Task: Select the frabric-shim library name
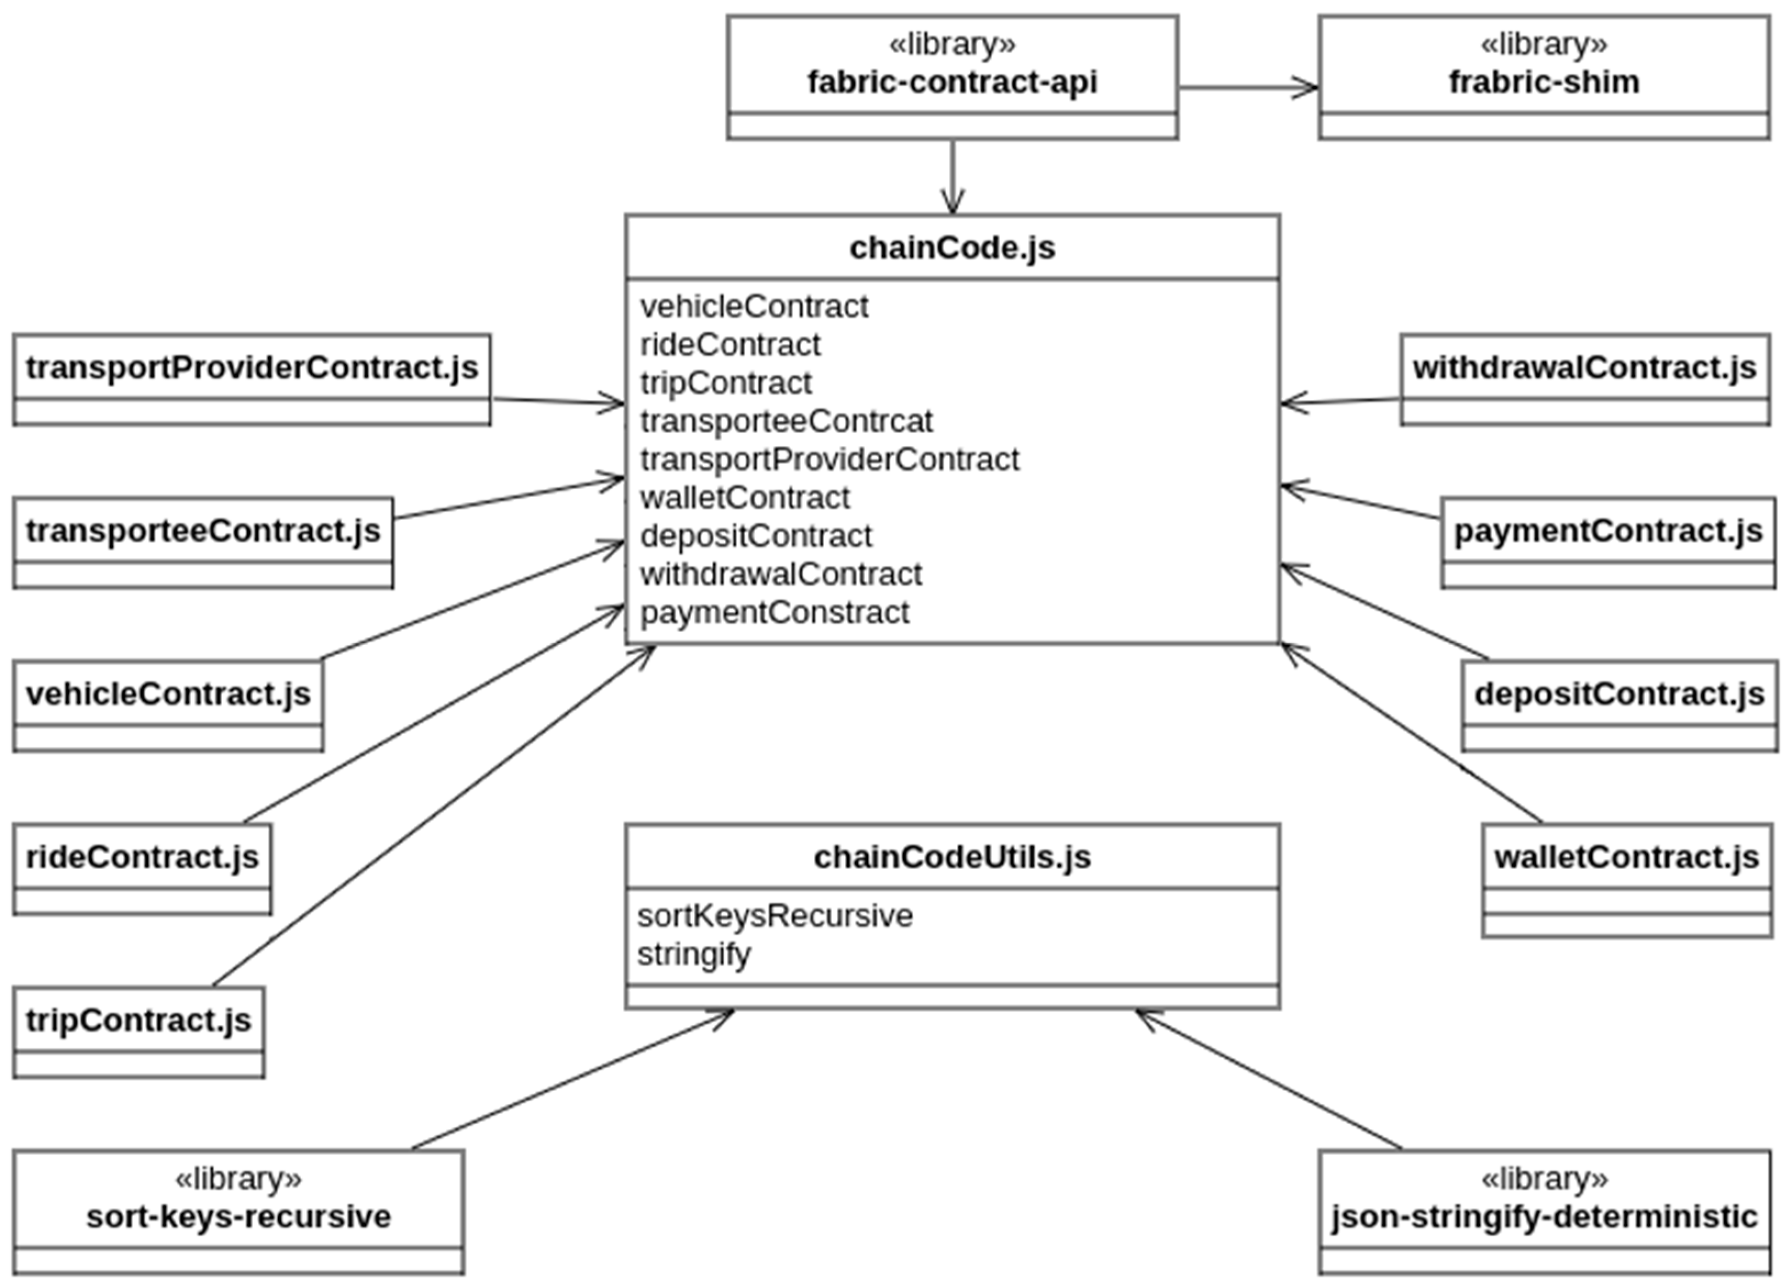tap(1544, 82)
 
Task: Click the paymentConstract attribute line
tap(774, 612)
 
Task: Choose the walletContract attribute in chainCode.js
tap(744, 497)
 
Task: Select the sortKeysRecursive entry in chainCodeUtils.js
tap(774, 916)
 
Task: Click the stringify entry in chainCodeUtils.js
tap(694, 954)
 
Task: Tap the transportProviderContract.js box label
tap(252, 367)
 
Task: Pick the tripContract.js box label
tap(138, 1020)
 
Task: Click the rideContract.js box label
tap(142, 857)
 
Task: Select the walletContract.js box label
tap(1627, 857)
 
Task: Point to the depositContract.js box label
tap(1619, 694)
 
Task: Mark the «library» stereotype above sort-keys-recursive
tap(238, 1179)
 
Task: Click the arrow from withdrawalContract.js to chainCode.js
tap(1340, 401)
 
